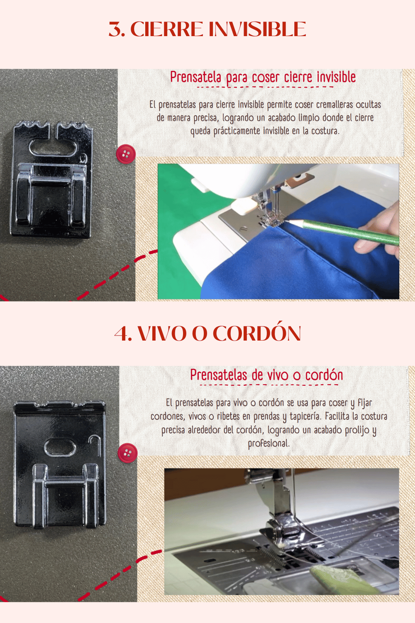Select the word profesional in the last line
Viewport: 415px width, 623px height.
point(269,443)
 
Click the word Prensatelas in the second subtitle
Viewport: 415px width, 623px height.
point(219,375)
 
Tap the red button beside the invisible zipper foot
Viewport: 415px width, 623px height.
point(126,154)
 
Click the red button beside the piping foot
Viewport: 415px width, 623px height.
point(127,453)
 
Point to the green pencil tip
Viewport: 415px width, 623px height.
point(287,222)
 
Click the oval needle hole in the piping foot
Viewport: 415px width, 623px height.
point(60,447)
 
